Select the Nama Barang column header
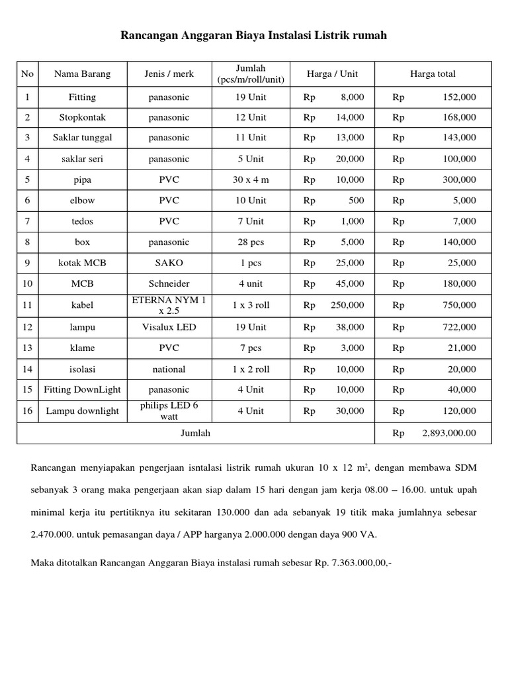click(x=82, y=73)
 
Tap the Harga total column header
click(x=433, y=73)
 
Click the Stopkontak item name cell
click(x=82, y=117)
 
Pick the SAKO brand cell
click(x=169, y=263)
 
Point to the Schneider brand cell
click(x=169, y=284)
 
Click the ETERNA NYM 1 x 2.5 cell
click(x=169, y=305)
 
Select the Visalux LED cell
click(x=169, y=327)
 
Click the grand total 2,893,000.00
click(x=448, y=434)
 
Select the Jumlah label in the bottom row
click(x=196, y=434)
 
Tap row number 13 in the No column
click(x=27, y=348)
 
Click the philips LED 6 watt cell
click(x=169, y=411)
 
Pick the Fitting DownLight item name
click(x=82, y=389)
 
